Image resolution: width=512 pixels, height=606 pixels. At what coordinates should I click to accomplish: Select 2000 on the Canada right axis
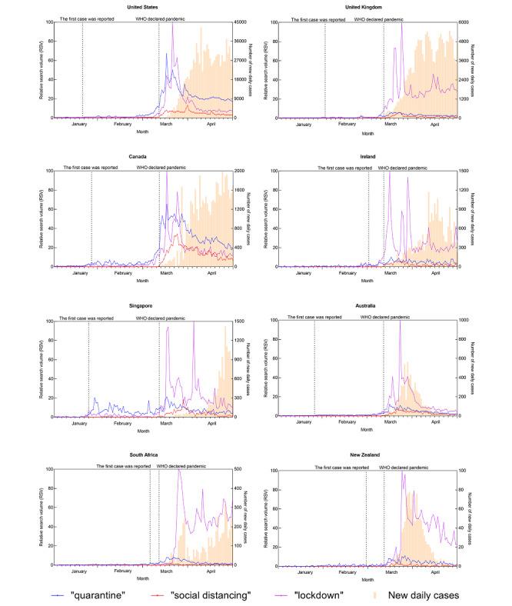pos(239,171)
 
